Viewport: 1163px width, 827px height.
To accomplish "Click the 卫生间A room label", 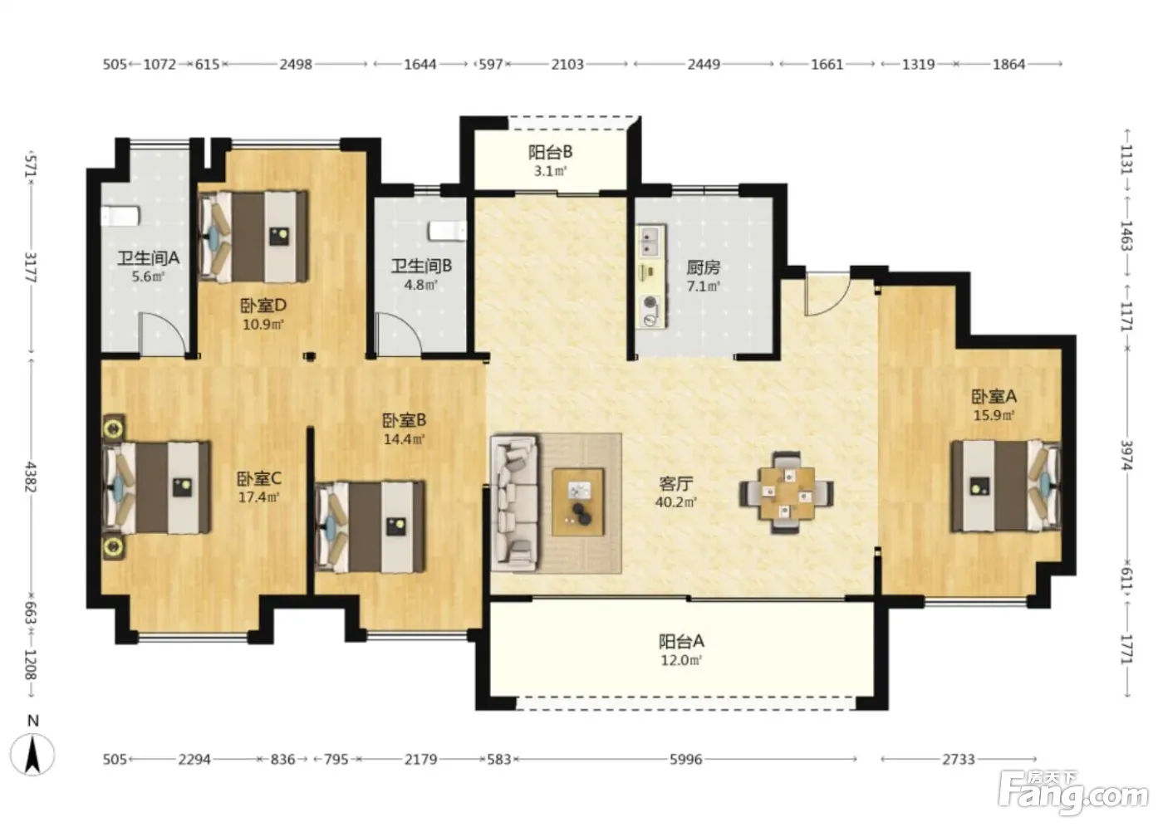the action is click(148, 258).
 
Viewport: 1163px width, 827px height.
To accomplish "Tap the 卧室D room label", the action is click(263, 306).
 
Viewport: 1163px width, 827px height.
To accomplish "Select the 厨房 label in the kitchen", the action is click(704, 267).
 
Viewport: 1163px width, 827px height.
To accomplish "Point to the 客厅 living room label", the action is click(675, 483).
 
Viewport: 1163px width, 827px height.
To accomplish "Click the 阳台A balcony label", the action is click(681, 642).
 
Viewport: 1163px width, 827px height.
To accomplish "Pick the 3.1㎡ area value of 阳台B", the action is click(550, 171).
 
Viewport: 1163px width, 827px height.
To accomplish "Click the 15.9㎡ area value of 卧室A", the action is click(994, 415).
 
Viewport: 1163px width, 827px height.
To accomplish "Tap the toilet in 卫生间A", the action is click(120, 217).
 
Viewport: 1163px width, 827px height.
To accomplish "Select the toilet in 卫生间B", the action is click(448, 231).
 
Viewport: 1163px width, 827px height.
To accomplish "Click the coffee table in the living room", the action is click(578, 502).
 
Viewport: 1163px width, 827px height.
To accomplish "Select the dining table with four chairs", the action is click(787, 493).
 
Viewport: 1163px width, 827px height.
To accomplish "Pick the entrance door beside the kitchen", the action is click(827, 294).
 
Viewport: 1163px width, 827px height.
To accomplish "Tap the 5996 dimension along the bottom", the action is click(685, 760).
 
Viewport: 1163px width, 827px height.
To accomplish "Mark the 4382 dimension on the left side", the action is click(30, 477).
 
